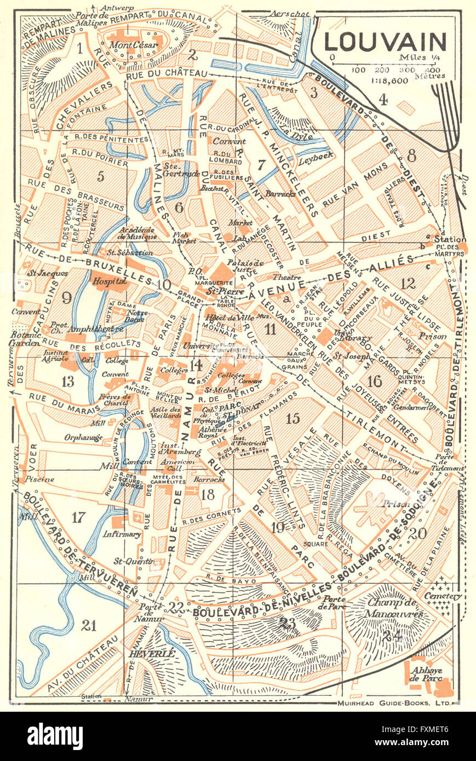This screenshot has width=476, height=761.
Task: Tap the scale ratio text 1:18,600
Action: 385,80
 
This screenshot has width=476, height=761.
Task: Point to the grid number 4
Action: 383,100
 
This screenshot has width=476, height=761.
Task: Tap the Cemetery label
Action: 446,596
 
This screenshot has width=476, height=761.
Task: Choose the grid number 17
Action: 79,516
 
